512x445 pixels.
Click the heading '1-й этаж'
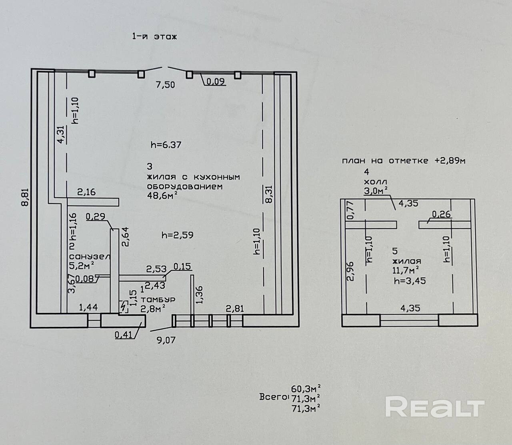(x=154, y=37)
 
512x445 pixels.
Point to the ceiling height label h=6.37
(x=166, y=145)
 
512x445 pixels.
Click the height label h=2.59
(x=177, y=235)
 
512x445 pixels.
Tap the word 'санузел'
(x=90, y=256)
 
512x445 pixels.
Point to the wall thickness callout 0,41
(x=123, y=335)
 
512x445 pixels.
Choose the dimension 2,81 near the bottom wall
(x=235, y=308)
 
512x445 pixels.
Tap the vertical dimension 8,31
(x=269, y=194)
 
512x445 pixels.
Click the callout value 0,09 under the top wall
(x=216, y=82)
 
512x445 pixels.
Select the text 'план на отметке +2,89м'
(x=403, y=161)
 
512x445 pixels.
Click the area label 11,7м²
(x=405, y=270)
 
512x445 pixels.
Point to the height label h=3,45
(x=410, y=281)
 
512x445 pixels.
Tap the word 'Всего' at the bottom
(x=273, y=397)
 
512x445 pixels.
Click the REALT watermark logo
(x=434, y=407)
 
